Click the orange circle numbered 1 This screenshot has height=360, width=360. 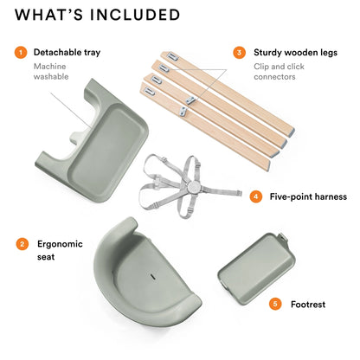21,53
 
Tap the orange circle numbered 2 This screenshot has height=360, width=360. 22,244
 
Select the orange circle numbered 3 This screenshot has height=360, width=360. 239,53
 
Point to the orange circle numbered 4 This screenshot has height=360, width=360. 255,196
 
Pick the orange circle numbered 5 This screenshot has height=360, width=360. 275,304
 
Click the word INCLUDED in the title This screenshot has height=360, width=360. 135,15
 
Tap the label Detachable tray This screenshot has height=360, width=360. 67,53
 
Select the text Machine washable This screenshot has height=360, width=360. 51,72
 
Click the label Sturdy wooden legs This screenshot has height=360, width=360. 295,53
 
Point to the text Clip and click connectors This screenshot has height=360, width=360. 279,72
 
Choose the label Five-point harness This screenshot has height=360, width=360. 308,196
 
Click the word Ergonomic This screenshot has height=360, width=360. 60,244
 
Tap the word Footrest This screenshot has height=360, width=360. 308,305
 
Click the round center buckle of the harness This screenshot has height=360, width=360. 192,187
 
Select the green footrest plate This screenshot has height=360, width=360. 256,269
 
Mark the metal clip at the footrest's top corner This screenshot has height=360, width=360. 283,237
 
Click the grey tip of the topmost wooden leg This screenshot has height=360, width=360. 291,133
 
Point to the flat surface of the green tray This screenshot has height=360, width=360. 107,150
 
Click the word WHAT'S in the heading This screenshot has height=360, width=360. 48,15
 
